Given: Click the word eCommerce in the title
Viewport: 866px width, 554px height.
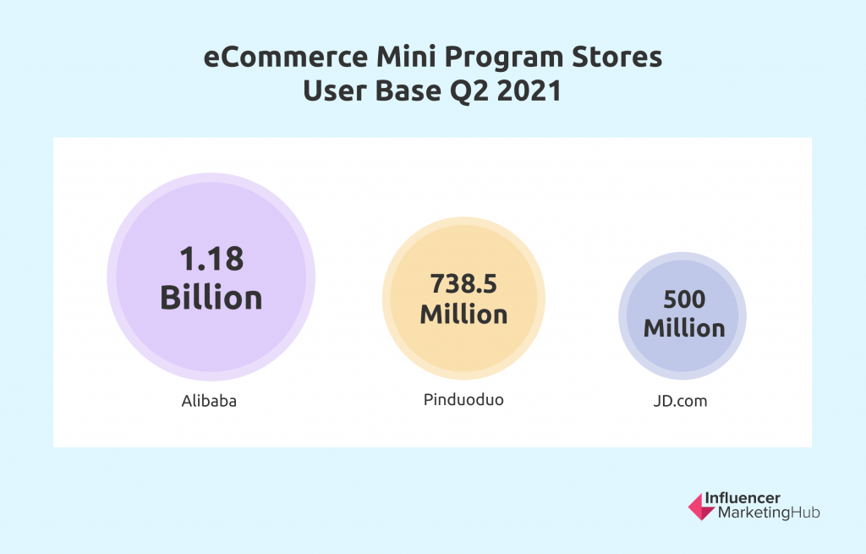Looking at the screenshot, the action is (286, 57).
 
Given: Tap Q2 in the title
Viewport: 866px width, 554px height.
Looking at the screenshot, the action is (469, 91).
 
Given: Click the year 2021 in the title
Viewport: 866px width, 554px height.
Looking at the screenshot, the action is (529, 91).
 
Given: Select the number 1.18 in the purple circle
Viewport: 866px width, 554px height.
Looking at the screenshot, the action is (211, 259).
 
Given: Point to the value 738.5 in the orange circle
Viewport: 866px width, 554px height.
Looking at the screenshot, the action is (463, 284).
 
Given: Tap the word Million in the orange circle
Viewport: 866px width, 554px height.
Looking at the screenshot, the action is (463, 314).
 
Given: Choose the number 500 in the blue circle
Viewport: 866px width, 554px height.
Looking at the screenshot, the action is (684, 299).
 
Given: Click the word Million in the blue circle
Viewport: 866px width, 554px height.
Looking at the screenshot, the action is (684, 328).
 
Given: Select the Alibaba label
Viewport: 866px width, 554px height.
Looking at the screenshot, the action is (209, 400).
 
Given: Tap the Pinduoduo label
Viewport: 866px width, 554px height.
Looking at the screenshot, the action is (463, 399).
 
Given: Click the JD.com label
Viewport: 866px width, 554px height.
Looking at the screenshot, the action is (680, 400).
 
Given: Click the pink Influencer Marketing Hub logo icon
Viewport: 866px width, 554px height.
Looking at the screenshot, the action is (701, 507).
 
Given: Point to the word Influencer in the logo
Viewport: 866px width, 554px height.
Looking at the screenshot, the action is (743, 498).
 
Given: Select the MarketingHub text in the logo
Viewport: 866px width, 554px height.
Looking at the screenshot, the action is (769, 513).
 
